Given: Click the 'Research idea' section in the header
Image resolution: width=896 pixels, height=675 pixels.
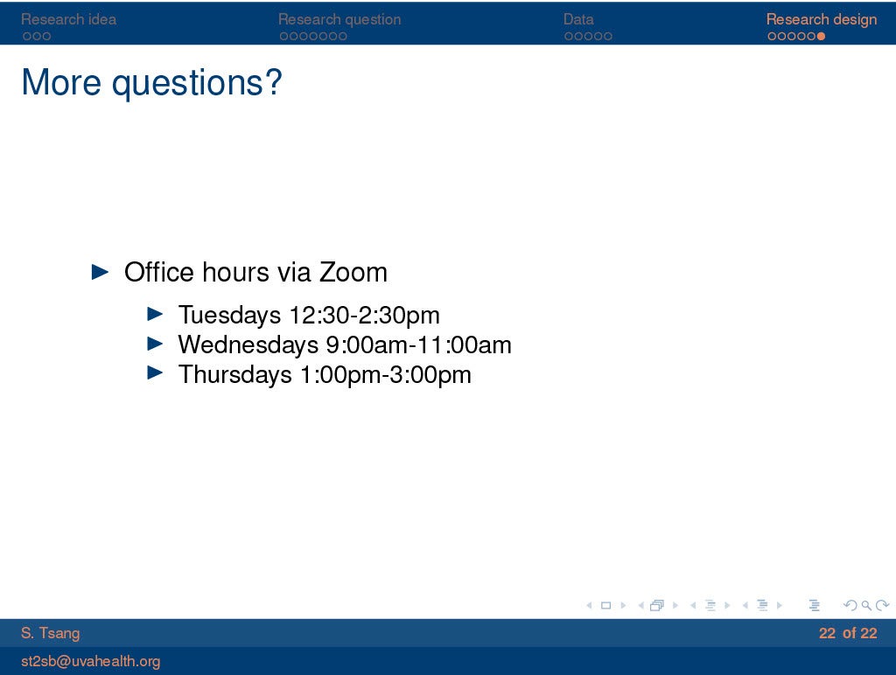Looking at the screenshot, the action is pos(68,19).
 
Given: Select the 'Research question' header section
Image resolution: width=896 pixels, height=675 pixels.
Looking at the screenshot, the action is pos(339,19).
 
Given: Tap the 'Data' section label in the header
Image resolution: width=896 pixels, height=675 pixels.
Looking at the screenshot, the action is pos(578,19).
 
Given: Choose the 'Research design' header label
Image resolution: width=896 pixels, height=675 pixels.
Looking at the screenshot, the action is pos(821,19).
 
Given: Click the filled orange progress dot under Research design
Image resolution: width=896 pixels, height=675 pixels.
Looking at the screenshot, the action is pos(821,36).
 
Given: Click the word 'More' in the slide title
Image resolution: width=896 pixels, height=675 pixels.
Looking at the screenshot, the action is pos(62,82).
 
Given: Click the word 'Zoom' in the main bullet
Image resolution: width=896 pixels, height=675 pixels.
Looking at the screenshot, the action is pos(353,272).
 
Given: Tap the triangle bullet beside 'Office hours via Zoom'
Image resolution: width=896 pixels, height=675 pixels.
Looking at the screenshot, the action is pos(100,272).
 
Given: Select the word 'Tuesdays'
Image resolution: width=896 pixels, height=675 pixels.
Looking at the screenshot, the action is pos(229,316).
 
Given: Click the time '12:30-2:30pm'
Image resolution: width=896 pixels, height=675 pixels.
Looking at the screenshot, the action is pos(365,316).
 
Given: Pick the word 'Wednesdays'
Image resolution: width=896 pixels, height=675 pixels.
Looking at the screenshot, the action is pos(248,344).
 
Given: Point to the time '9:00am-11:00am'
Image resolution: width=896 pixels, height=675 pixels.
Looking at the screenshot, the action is pos(419,344).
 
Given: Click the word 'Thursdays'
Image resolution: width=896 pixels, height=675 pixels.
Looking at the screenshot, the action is pos(234,374).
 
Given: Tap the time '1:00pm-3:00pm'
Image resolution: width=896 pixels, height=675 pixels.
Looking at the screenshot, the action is pos(386,374).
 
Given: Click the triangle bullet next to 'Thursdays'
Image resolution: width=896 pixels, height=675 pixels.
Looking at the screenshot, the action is pos(155,372).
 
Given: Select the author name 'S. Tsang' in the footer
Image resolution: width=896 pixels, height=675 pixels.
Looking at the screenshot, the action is pos(50,633).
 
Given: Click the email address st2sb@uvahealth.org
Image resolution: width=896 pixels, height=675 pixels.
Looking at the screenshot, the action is pos(90,661).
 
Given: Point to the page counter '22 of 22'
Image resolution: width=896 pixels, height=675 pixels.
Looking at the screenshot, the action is pos(848,633).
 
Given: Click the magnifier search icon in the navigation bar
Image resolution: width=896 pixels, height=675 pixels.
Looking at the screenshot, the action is pos(866,605).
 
